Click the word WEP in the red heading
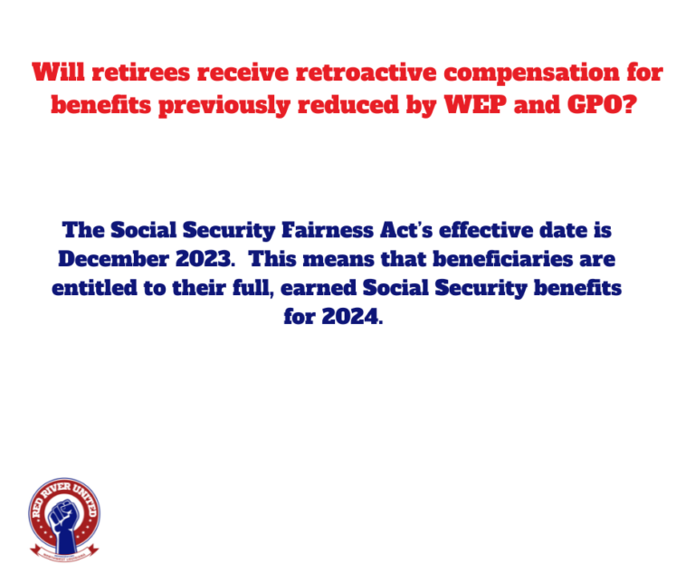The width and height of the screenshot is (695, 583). (475, 105)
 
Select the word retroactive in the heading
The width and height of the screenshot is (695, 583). (367, 72)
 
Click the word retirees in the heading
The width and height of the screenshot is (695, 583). (141, 72)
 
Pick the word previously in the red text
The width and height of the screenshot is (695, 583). (224, 106)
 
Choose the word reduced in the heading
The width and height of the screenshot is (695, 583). (347, 105)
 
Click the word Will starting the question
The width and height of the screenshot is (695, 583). (59, 72)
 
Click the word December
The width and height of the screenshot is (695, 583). (113, 259)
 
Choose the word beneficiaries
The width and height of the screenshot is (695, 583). (502, 259)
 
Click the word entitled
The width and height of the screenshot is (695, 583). (94, 288)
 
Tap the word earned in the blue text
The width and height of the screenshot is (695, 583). (319, 288)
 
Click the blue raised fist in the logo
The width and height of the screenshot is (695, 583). (64, 523)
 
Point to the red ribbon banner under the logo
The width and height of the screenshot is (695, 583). (64, 553)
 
